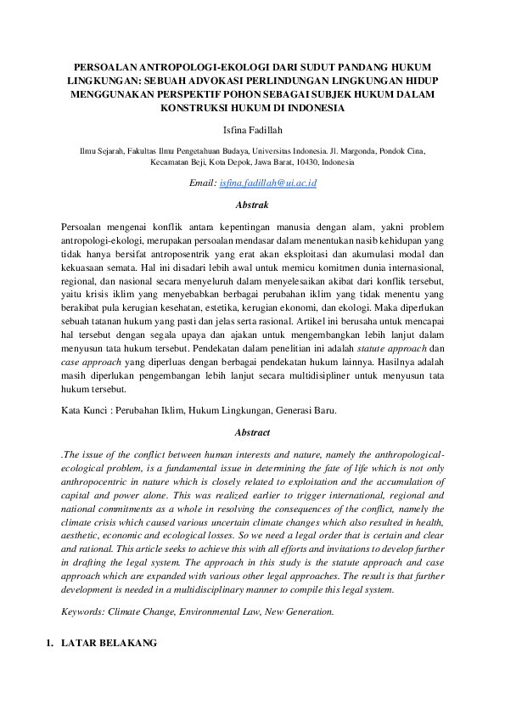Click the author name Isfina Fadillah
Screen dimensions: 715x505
point(252,130)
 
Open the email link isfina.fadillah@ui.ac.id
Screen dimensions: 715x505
point(268,183)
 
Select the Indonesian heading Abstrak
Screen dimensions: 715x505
point(252,205)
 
